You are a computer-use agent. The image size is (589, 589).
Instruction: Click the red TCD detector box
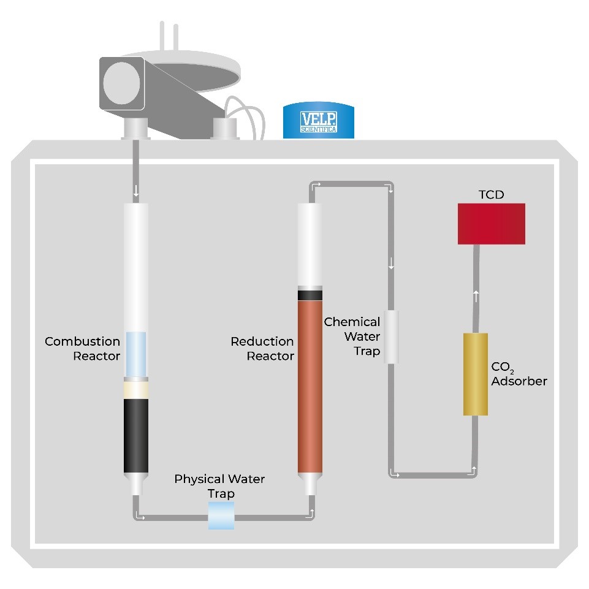point(492,224)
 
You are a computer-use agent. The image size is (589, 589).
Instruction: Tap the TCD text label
point(491,195)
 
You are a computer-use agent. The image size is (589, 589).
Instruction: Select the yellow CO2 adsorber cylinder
point(475,374)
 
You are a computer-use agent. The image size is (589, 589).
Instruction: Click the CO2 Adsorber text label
point(519,374)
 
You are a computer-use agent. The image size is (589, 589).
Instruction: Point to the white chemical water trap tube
point(391,336)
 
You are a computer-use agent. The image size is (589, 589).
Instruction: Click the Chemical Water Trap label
point(353,336)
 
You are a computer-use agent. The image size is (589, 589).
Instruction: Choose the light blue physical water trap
point(221,515)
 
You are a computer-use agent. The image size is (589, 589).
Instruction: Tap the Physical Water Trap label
point(219,485)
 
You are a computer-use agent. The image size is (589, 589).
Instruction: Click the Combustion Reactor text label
point(83,349)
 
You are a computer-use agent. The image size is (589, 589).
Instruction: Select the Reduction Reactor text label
point(262,349)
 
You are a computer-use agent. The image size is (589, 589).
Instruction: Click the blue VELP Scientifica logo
point(318,121)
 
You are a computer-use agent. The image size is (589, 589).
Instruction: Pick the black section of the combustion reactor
point(136,435)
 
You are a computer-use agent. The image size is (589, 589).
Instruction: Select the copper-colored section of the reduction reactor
point(310,386)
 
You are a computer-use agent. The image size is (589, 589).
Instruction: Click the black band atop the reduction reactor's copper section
point(310,295)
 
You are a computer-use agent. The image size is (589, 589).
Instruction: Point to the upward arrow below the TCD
point(476,297)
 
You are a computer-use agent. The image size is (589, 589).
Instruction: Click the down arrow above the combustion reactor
point(136,191)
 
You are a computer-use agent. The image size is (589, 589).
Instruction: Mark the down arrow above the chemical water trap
point(391,265)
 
